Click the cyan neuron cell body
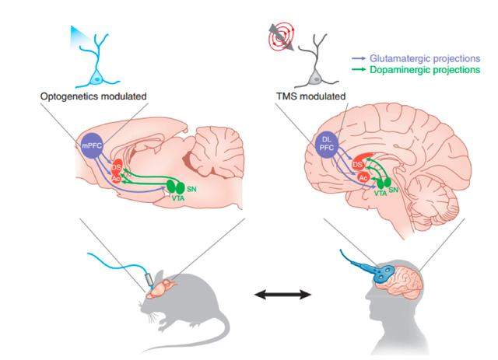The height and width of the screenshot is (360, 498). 97,79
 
